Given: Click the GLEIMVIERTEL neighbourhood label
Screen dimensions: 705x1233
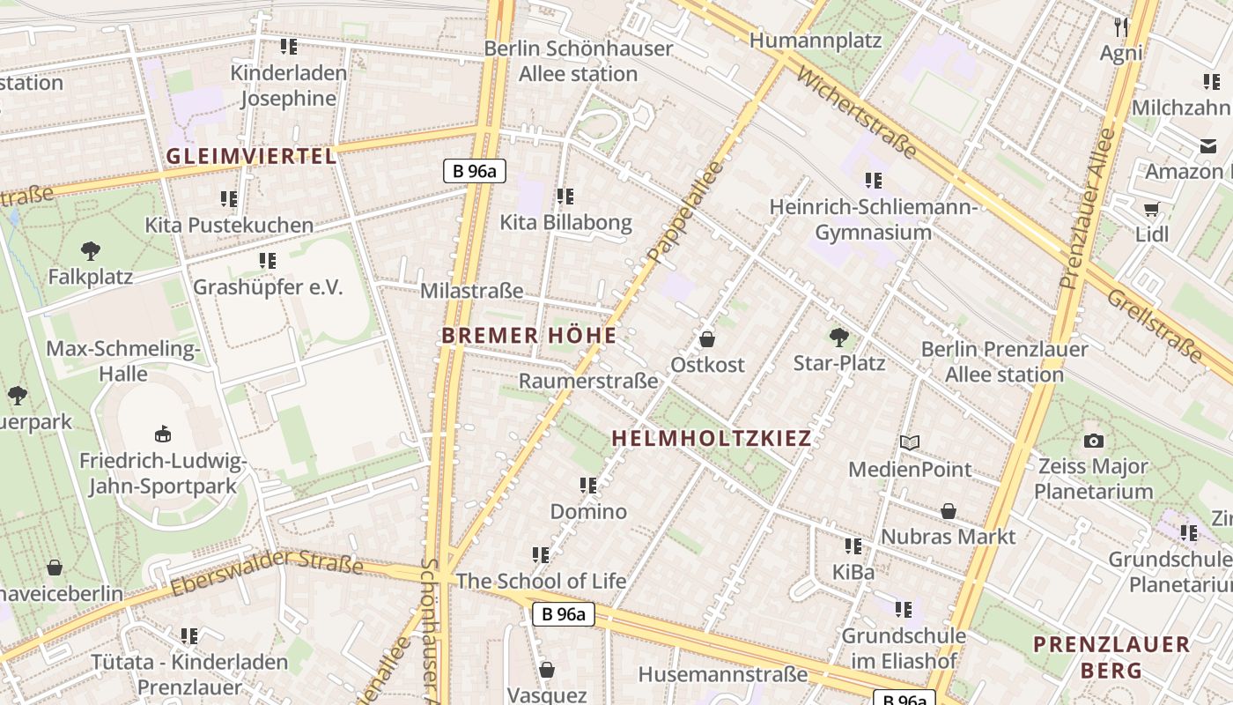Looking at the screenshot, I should pyautogui.click(x=251, y=157).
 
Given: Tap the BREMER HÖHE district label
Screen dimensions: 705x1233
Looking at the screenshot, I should pyautogui.click(x=528, y=336).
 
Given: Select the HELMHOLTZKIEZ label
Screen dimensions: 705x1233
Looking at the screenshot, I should pyautogui.click(x=711, y=438).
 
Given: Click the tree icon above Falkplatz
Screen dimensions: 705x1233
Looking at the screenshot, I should pyautogui.click(x=90, y=251).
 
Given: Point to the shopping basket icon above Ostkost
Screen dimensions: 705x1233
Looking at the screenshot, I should pyautogui.click(x=706, y=338).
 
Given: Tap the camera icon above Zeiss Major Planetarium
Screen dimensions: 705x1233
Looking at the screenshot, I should pyautogui.click(x=1093, y=441).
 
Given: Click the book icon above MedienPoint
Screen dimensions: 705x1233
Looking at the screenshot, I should pyautogui.click(x=910, y=442).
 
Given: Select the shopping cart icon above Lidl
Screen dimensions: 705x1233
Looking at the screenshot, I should pyautogui.click(x=1151, y=209).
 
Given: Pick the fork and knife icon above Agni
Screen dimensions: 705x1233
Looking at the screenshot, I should pyautogui.click(x=1121, y=27).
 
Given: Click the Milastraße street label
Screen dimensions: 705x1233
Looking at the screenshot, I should pyautogui.click(x=472, y=291).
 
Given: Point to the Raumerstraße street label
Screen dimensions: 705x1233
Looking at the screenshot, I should pyautogui.click(x=588, y=382).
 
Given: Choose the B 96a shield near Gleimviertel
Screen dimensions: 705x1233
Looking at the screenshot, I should pyautogui.click(x=474, y=171).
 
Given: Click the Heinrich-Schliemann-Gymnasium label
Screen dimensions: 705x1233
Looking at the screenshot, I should pyautogui.click(x=873, y=219).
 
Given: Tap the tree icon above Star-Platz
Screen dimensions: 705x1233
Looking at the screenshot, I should pyautogui.click(x=838, y=336).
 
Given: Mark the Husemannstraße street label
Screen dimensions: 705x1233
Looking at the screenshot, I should pyautogui.click(x=722, y=675).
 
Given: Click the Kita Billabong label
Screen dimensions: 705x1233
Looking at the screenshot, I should pyautogui.click(x=565, y=222).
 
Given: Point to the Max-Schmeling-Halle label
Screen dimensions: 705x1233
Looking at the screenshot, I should pyautogui.click(x=123, y=360).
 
